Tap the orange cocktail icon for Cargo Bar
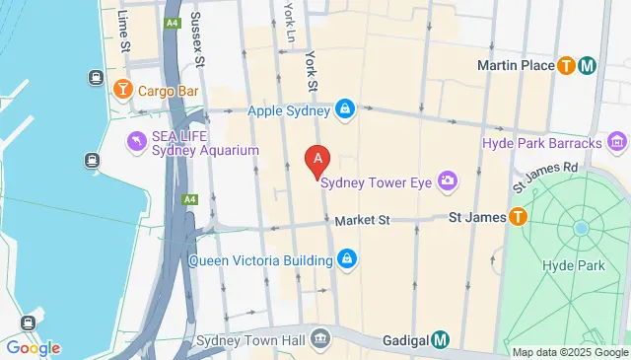122,91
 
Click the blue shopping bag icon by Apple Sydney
345,109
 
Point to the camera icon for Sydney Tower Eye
448,180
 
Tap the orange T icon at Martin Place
566,66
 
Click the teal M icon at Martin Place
588,66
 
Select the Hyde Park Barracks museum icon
616,144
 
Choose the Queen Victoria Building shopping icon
346,260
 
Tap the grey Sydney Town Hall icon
320,340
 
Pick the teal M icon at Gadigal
441,340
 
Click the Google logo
33,347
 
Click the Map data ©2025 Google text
569,352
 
